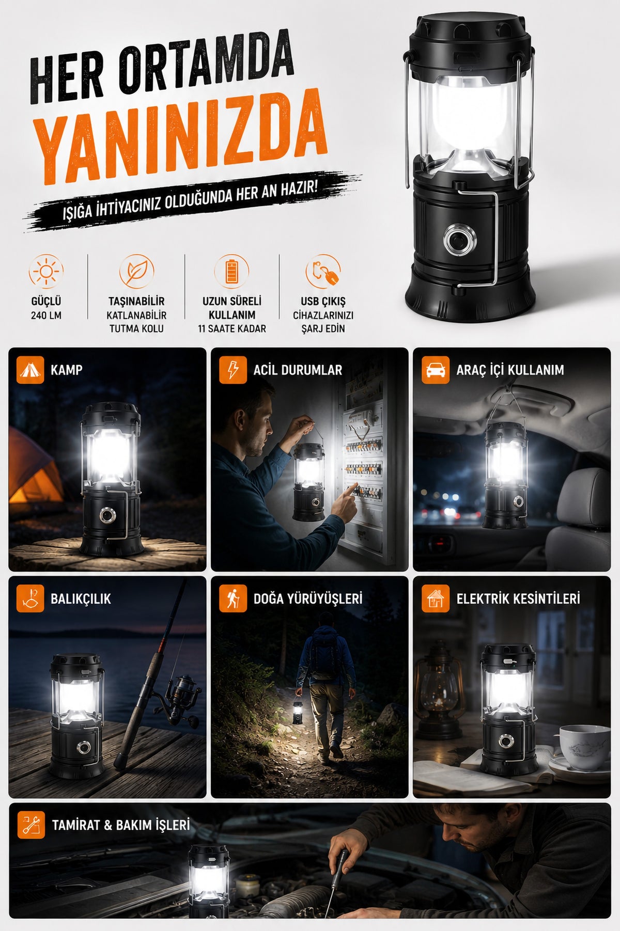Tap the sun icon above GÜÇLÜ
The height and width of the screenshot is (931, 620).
(46, 271)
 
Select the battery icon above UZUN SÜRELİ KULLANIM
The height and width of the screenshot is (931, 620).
(231, 271)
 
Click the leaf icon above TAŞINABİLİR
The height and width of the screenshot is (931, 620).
(136, 271)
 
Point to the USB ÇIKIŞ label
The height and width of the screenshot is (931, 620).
(323, 302)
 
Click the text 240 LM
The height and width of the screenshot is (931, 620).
(46, 315)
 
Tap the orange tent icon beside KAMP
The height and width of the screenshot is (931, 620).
(30, 370)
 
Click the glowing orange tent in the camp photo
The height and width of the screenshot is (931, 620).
(32, 472)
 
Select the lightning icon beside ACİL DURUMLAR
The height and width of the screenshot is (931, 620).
(233, 370)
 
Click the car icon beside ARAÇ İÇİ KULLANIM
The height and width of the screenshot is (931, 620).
(436, 370)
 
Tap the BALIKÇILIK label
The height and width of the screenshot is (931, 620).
(81, 599)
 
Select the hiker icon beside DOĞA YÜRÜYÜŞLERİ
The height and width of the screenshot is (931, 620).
(233, 599)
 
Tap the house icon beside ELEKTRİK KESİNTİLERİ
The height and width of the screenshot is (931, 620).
(436, 599)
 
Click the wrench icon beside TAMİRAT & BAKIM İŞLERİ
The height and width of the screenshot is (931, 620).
(30, 825)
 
